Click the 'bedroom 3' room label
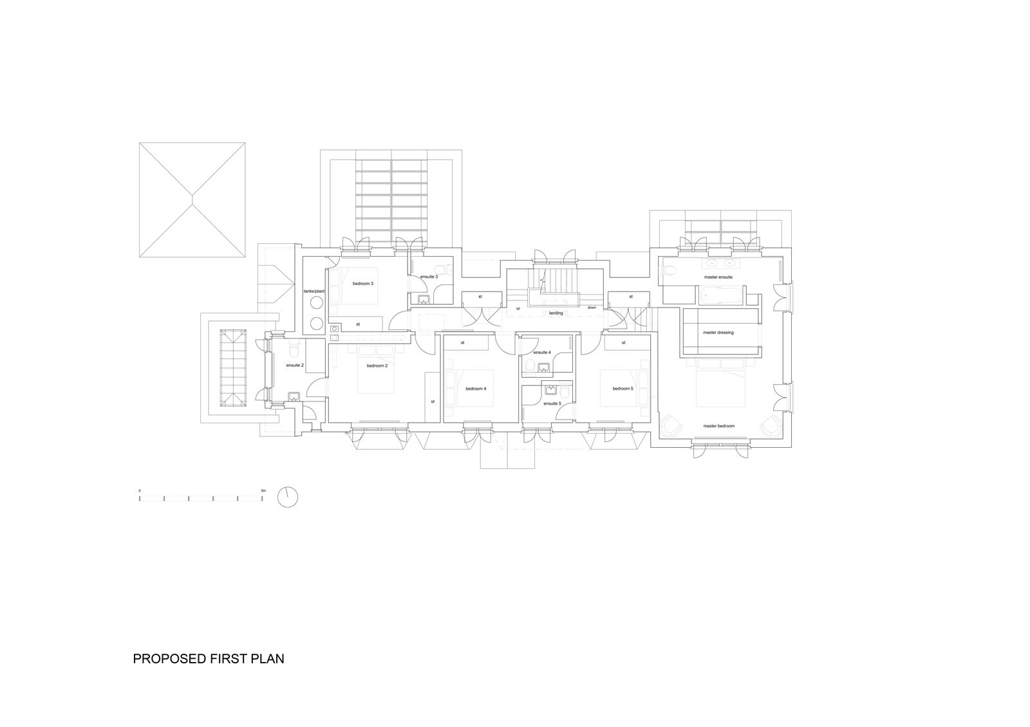pyautogui.click(x=363, y=284)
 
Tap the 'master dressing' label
pyautogui.click(x=718, y=332)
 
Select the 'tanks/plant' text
pyautogui.click(x=314, y=291)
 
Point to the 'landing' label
pyautogui.click(x=556, y=313)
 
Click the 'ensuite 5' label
pyautogui.click(x=552, y=403)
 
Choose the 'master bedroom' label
pyautogui.click(x=718, y=426)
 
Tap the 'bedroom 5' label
pyautogui.click(x=623, y=389)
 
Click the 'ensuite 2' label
pyautogui.click(x=295, y=365)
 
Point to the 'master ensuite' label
pyautogui.click(x=718, y=277)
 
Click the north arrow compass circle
pyautogui.click(x=288, y=497)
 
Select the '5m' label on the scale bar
pyautogui.click(x=263, y=491)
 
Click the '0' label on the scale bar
pyautogui.click(x=140, y=491)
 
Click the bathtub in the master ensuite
pyautogui.click(x=722, y=295)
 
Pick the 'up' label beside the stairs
pyautogui.click(x=518, y=308)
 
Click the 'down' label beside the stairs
pyautogui.click(x=592, y=308)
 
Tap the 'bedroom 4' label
pyautogui.click(x=476, y=389)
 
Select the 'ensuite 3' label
pyautogui.click(x=429, y=277)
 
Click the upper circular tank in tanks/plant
pyautogui.click(x=316, y=303)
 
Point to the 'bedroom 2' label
pyautogui.click(x=377, y=366)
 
